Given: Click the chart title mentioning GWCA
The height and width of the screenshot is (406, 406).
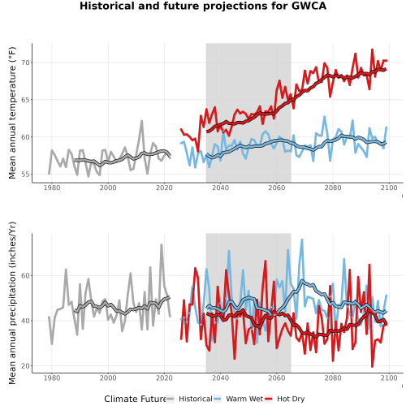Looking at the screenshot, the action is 203,6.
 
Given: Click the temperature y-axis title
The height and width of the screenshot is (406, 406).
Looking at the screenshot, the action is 12,113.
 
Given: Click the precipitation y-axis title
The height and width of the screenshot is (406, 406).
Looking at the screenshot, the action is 12,303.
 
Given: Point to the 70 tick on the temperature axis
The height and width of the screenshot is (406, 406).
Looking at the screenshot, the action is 25,63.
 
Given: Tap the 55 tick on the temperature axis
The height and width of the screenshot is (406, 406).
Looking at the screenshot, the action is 25,175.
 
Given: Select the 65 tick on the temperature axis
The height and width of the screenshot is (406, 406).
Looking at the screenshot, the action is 25,100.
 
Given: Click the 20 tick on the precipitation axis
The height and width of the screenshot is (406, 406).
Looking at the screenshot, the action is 25,366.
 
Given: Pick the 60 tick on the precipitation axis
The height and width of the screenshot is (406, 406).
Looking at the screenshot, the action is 25,276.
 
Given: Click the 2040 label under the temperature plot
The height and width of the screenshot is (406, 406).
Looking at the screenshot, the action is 220,188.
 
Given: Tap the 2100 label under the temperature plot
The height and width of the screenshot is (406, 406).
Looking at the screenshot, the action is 389,188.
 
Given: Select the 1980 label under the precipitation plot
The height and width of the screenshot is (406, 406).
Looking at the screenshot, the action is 52,378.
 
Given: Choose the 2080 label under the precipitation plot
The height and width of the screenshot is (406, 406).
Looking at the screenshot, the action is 333,378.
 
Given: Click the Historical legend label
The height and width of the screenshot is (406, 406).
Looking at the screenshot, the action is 196,399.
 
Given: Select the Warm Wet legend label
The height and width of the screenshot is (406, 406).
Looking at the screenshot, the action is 244,399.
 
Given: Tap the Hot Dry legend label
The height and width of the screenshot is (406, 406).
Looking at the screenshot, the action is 291,399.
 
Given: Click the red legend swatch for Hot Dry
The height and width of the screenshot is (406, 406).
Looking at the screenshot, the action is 268,399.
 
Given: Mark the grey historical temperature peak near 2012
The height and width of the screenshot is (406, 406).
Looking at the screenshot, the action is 141,121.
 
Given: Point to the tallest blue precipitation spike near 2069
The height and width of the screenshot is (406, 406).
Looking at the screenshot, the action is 302,240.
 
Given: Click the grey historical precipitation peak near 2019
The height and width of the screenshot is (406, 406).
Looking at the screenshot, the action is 162,244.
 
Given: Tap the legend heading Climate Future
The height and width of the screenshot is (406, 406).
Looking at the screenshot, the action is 135,399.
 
